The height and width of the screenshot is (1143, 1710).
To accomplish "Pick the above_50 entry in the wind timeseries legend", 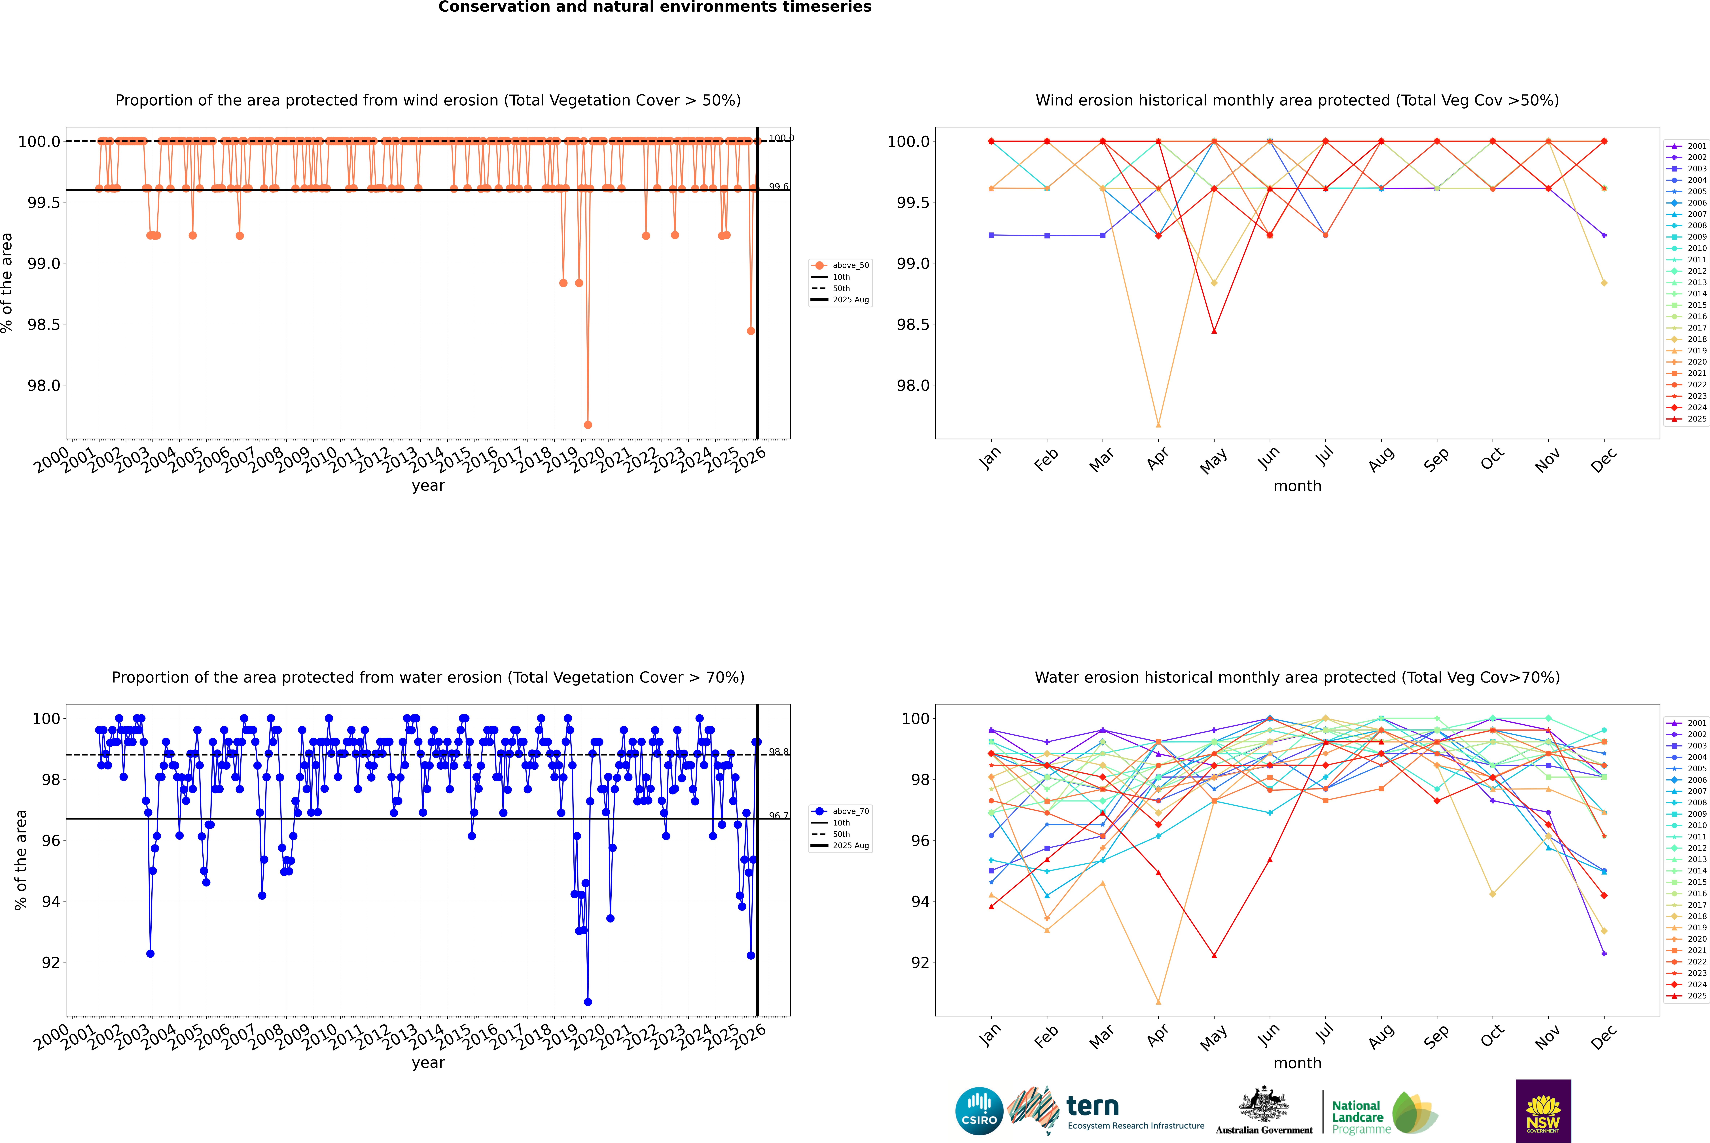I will coord(850,265).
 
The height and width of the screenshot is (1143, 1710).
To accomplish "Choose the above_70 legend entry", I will coord(850,811).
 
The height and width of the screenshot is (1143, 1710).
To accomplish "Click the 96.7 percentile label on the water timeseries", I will coord(778,816).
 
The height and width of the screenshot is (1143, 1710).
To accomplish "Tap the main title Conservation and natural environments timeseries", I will coord(654,7).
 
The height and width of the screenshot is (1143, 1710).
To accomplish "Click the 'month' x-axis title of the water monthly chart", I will coord(1297,1063).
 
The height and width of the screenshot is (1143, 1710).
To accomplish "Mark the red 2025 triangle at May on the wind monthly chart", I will coord(1214,331).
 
